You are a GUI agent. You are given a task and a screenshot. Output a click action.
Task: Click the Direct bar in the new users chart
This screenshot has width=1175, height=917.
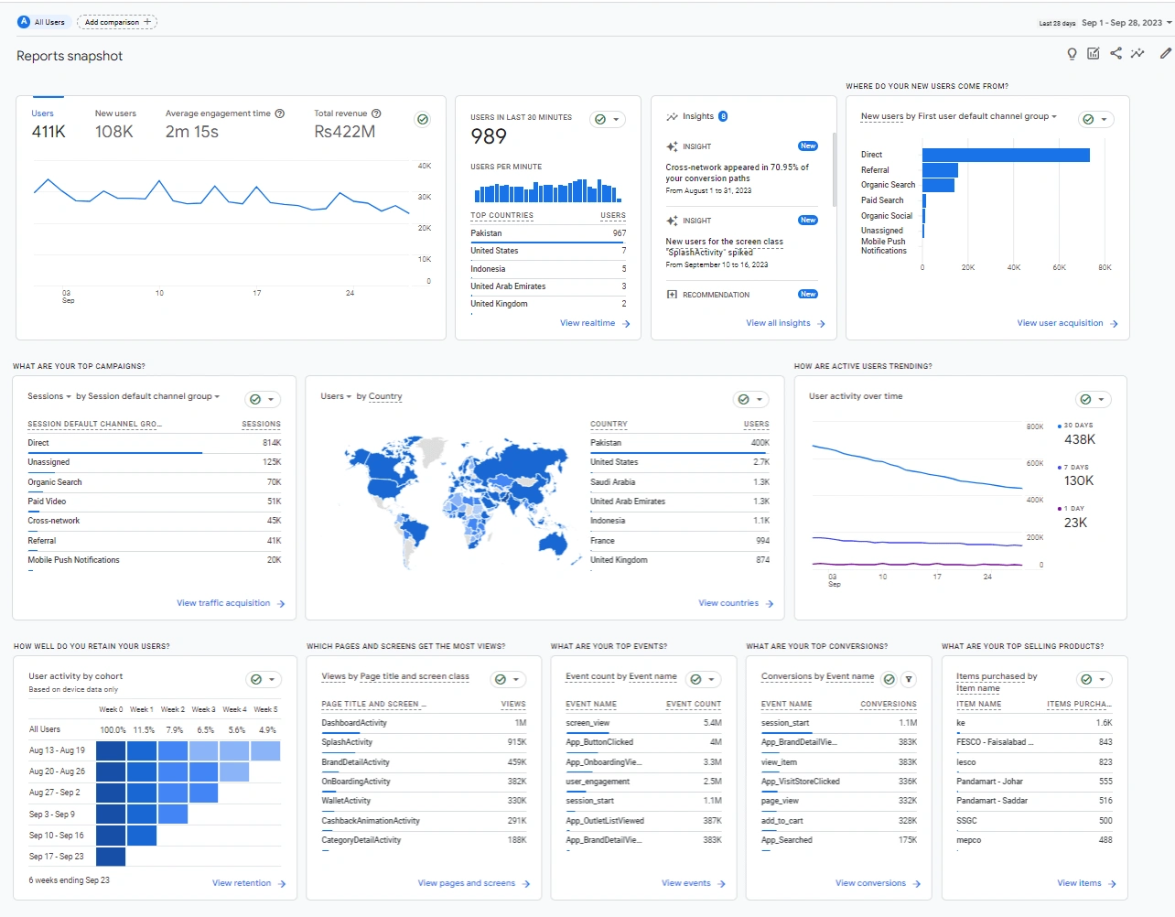tap(1005, 155)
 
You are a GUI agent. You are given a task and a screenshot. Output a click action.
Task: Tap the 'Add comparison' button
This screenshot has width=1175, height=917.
tap(117, 22)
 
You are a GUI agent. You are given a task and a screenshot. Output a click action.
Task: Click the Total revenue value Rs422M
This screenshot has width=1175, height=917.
tap(344, 132)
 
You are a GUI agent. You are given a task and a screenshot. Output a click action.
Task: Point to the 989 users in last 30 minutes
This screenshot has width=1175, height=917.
tap(489, 136)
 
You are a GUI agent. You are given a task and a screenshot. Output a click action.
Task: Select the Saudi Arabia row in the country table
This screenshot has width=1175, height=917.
tap(612, 482)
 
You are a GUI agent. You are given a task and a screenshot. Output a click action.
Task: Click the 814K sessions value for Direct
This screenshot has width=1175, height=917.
tap(272, 443)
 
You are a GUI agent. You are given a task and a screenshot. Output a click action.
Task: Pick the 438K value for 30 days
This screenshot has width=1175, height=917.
tap(1080, 439)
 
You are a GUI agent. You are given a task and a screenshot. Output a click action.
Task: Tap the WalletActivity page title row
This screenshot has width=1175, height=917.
tap(346, 801)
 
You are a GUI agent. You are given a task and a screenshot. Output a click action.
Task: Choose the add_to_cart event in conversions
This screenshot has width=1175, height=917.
tap(782, 821)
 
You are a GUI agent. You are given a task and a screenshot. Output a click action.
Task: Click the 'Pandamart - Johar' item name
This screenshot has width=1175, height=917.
tap(989, 782)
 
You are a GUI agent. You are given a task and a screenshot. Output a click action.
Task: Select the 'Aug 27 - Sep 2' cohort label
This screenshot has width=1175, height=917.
tap(55, 793)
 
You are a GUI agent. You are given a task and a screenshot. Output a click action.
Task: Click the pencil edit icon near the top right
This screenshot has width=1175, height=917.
tap(1165, 53)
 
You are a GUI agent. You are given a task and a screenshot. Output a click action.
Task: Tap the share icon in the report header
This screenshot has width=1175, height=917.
tap(1116, 53)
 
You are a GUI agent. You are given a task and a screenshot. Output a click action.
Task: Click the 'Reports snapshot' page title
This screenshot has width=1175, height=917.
tap(70, 56)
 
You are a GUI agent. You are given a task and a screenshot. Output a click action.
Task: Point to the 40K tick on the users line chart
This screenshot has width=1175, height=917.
tap(424, 166)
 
